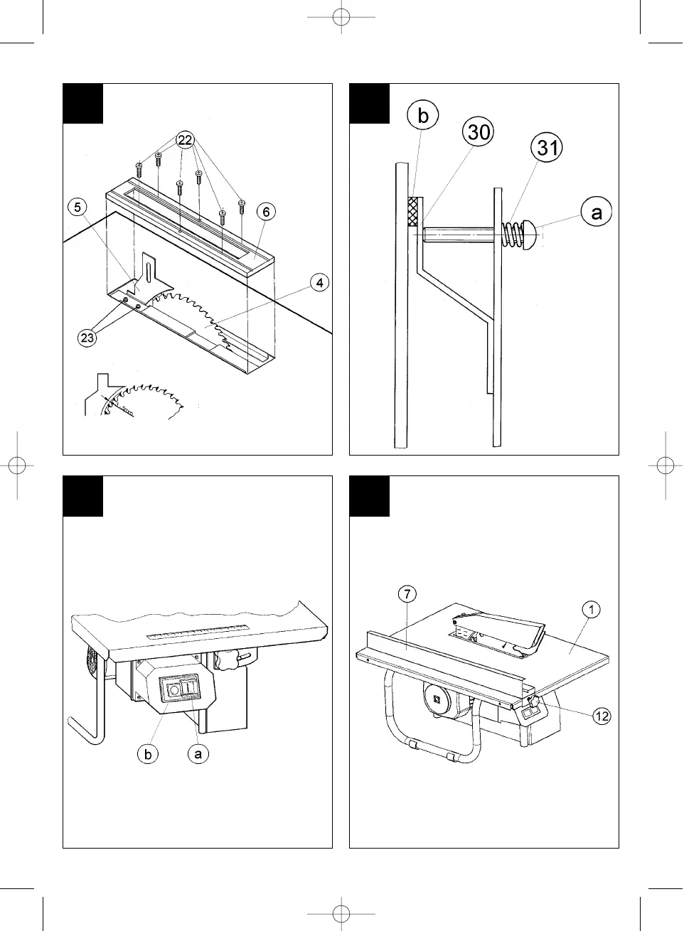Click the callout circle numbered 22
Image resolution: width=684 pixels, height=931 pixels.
click(185, 141)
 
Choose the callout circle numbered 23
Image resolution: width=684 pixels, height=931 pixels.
click(87, 338)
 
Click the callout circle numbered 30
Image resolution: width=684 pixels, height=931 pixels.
click(479, 132)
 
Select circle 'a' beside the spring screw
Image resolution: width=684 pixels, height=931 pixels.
click(597, 212)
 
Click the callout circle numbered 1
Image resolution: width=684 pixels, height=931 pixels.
click(591, 609)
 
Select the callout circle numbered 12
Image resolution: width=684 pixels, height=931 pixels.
click(602, 716)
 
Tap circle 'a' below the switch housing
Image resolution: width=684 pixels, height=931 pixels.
click(198, 754)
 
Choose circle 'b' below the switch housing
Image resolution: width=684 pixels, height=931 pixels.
click(148, 754)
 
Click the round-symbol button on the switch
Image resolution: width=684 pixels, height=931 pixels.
click(173, 688)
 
